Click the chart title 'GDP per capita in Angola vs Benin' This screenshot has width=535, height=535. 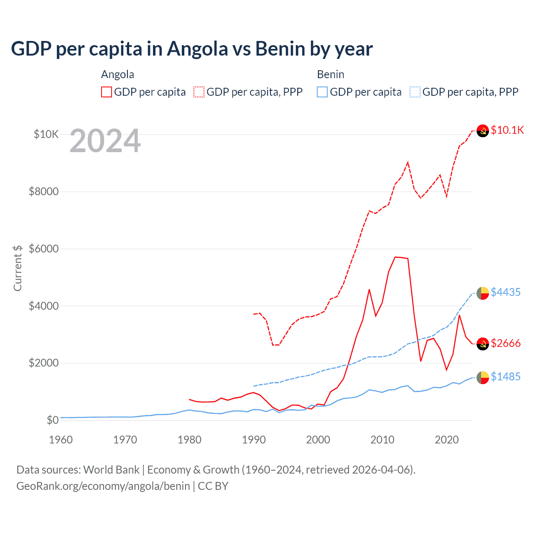pyautogui.click(x=191, y=49)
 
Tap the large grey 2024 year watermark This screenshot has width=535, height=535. pyautogui.click(x=105, y=141)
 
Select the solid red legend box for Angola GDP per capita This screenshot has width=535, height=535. pyautogui.click(x=107, y=92)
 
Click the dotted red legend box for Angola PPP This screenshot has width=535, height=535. pyautogui.click(x=199, y=92)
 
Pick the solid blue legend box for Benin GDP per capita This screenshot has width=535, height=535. pyautogui.click(x=322, y=92)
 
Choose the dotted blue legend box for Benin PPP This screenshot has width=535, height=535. pyautogui.click(x=415, y=92)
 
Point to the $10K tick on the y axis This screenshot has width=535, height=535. pyautogui.click(x=46, y=134)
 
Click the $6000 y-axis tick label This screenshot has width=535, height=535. pyautogui.click(x=43, y=249)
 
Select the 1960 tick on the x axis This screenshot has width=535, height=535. pyautogui.click(x=61, y=440)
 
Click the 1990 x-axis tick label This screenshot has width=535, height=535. pyautogui.click(x=254, y=440)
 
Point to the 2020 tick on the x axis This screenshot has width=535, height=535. pyautogui.click(x=447, y=440)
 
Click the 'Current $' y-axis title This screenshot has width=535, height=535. pyautogui.click(x=18, y=268)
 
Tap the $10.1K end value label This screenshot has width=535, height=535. pyautogui.click(x=507, y=130)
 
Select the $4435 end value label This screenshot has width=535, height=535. pyautogui.click(x=505, y=292)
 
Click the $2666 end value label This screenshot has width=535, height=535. pyautogui.click(x=505, y=343)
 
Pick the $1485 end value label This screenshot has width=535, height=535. pyautogui.click(x=505, y=377)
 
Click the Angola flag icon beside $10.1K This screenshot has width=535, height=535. pyautogui.click(x=483, y=131)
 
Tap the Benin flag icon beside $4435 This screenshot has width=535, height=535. pyautogui.click(x=483, y=293)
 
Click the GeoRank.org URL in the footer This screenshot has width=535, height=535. pyautogui.click(x=103, y=486)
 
